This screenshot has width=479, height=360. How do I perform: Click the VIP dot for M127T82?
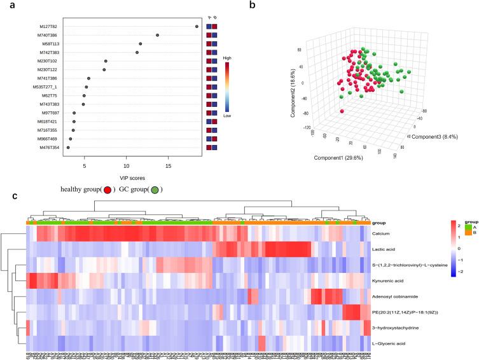(x=197, y=27)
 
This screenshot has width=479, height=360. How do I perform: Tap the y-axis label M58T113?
(x=50, y=44)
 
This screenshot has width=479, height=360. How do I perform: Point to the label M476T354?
(x=50, y=148)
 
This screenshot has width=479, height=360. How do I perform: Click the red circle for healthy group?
(x=109, y=189)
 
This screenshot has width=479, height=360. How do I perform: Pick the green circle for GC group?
(x=155, y=189)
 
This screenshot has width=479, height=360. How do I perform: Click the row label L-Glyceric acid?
(x=389, y=344)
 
